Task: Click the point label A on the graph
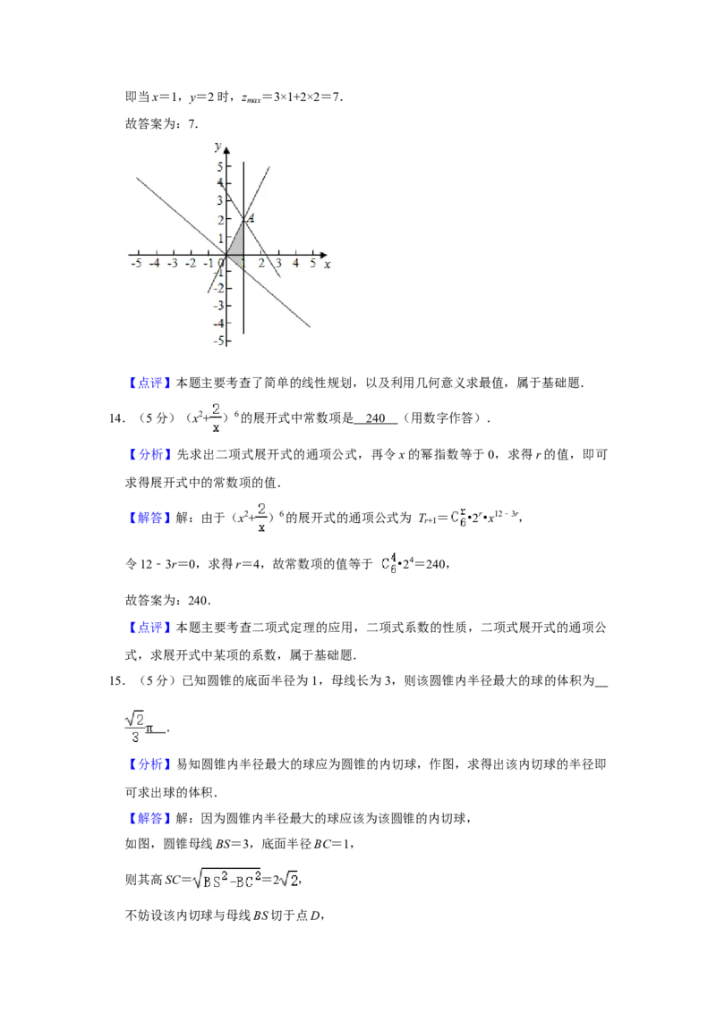[x=251, y=218]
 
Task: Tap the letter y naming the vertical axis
[x=217, y=145]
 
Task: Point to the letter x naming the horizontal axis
[x=327, y=265]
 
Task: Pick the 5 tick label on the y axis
[x=217, y=166]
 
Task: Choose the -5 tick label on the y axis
[x=216, y=341]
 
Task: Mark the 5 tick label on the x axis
[x=313, y=264]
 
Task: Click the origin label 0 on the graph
[x=222, y=264]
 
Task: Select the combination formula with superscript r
[x=457, y=518]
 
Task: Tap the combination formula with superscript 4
[x=387, y=563]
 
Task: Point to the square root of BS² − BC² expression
[x=226, y=879]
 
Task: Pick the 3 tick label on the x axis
[x=278, y=264]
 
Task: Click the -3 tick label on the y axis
[x=216, y=306]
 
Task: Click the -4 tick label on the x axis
[x=154, y=264]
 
